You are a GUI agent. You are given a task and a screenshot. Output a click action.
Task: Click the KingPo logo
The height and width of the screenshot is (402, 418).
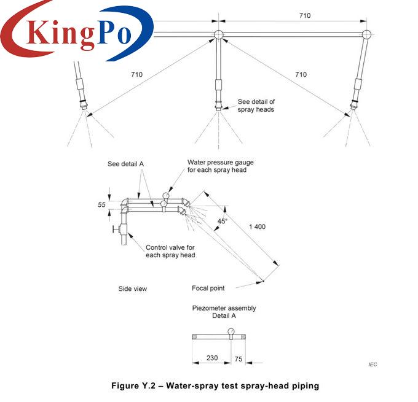coord(77,31)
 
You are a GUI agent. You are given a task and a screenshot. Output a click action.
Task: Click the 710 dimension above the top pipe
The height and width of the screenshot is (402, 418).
coord(305,15)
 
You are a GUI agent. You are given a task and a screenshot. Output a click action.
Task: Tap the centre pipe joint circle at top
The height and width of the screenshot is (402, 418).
coord(219,34)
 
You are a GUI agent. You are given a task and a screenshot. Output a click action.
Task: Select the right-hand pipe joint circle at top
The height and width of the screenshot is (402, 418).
coord(366,34)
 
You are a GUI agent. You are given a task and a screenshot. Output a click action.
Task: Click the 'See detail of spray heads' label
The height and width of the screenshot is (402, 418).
coord(256,106)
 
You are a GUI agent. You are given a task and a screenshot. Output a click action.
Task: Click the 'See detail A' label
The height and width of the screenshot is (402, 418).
coord(125,164)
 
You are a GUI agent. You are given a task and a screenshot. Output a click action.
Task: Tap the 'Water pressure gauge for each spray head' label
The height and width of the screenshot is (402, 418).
coord(221,166)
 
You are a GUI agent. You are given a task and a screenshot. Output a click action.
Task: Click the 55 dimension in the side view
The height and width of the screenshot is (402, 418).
coord(101,205)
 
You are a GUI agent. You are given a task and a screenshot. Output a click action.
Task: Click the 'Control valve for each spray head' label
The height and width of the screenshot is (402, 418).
coord(170,251)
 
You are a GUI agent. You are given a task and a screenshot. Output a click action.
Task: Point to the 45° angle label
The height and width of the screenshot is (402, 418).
coord(223,221)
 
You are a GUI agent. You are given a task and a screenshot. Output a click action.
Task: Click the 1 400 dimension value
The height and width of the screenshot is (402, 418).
coord(257,226)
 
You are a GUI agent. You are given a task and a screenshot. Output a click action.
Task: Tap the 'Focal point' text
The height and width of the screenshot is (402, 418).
coord(208,288)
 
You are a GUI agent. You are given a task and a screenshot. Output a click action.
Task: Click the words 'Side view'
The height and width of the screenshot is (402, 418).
coord(133,288)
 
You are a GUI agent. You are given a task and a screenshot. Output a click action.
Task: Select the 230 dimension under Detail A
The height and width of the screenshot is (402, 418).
coord(212,358)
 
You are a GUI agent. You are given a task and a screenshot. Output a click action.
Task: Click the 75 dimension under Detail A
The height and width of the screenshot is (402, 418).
coord(239,359)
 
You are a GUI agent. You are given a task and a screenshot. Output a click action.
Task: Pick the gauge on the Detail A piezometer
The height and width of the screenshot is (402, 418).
coord(231,332)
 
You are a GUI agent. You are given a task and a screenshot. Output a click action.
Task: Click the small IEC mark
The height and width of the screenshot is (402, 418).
coord(373,365)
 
